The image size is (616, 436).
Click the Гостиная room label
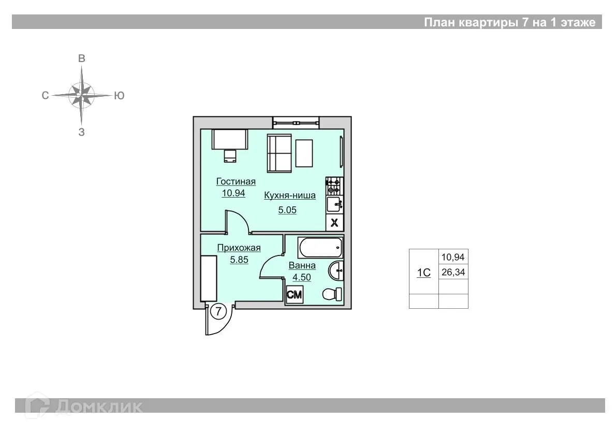pyautogui.click(x=236, y=182)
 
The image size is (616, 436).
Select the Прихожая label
pyautogui.click(x=239, y=248)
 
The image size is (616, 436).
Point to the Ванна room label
pyautogui.click(x=302, y=266)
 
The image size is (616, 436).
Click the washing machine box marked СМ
pyautogui.click(x=295, y=295)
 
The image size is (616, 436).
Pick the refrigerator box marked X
pyautogui.click(x=334, y=223)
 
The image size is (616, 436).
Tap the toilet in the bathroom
pyautogui.click(x=331, y=294)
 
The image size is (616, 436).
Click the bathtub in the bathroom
pyautogui.click(x=314, y=249)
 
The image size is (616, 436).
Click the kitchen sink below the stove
pyautogui.click(x=334, y=204)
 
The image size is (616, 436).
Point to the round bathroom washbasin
pyautogui.click(x=336, y=270)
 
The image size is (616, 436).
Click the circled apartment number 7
pyautogui.click(x=219, y=311)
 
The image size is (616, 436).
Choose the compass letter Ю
pyautogui.click(x=119, y=96)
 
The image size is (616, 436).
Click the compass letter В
pyautogui.click(x=81, y=58)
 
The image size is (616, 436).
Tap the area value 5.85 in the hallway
pyautogui.click(x=239, y=260)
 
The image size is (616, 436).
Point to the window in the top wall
pyautogui.click(x=296, y=123)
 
